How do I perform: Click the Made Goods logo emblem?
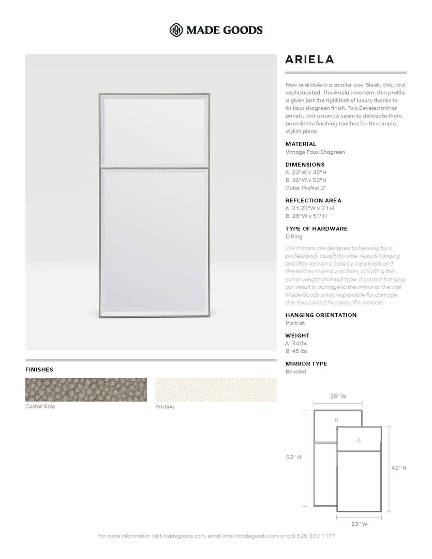pyautogui.click(x=177, y=30)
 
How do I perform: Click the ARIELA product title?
pyautogui.click(x=309, y=60)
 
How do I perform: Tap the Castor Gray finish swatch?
pyautogui.click(x=86, y=389)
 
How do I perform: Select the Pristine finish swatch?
pyautogui.click(x=216, y=389)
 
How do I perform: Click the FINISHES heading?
pyautogui.click(x=39, y=370)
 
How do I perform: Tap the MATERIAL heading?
pyautogui.click(x=301, y=144)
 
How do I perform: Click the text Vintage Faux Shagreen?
pyautogui.click(x=315, y=152)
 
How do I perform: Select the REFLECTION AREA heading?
pyautogui.click(x=313, y=200)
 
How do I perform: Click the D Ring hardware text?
pyautogui.click(x=293, y=237)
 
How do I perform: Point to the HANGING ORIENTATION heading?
pyautogui.click(x=321, y=315)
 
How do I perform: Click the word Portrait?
pyautogui.click(x=295, y=323)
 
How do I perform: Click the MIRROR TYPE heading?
pyautogui.click(x=306, y=364)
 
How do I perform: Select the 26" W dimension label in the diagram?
pyautogui.click(x=338, y=396)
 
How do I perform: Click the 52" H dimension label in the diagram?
pyautogui.click(x=294, y=457)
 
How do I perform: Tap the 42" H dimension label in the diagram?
pyautogui.click(x=398, y=467)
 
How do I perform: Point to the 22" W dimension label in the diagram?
pyautogui.click(x=359, y=524)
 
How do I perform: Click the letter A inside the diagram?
pyautogui.click(x=359, y=440)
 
